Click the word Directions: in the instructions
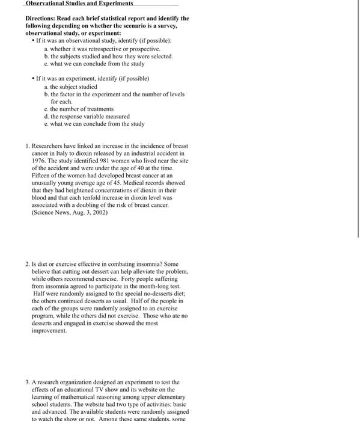pos(41,19)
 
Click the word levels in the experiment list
pos(174,94)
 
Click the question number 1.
pos(28,146)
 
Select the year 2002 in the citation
pos(99,212)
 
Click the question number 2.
pos(28,264)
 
